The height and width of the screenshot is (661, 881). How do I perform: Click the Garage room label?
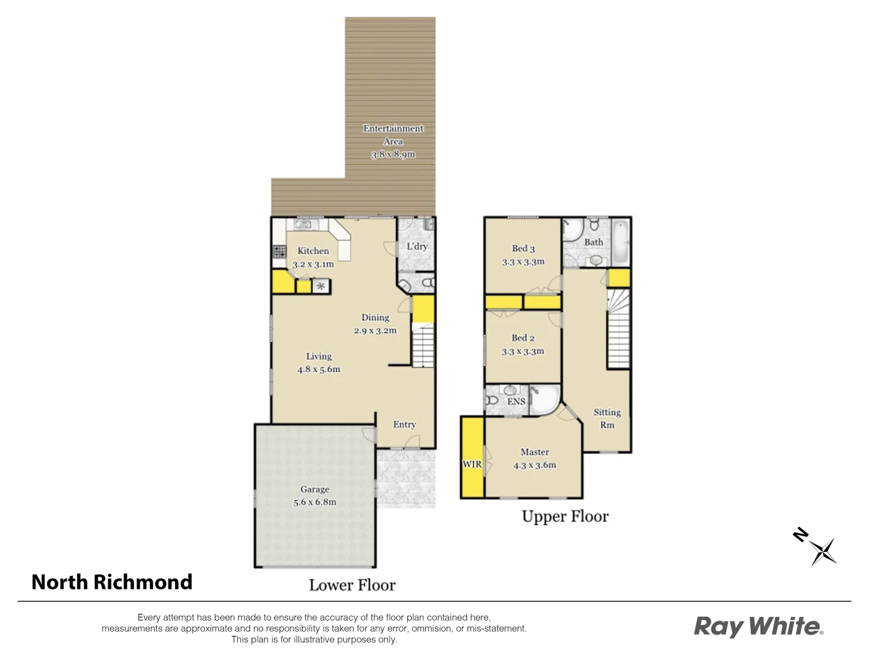tap(314, 489)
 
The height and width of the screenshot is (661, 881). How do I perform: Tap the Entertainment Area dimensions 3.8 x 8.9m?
tap(393, 155)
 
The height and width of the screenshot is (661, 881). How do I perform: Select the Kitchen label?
tap(313, 251)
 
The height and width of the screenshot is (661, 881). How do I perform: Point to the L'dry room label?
tap(417, 247)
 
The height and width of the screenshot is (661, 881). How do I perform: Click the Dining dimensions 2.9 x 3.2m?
tap(375, 330)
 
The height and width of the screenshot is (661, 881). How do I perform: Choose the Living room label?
tap(319, 356)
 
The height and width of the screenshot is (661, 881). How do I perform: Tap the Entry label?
tap(404, 424)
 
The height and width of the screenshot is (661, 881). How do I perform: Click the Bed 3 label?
tap(523, 248)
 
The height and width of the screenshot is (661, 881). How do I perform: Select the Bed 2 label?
tap(523, 338)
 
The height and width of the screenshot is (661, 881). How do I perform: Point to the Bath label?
tap(593, 242)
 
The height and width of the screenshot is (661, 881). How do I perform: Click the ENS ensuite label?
tap(516, 401)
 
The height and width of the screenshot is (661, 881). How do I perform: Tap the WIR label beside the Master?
tap(472, 464)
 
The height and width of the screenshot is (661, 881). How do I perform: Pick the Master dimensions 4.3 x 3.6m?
tap(535, 465)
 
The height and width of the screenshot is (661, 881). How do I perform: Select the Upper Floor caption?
tap(565, 517)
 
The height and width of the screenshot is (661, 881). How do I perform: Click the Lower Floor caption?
tap(352, 585)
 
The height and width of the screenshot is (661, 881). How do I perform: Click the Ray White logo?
tap(758, 627)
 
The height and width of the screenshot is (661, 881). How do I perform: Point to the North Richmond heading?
tap(112, 581)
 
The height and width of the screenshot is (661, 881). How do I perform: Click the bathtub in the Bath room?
tap(620, 241)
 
